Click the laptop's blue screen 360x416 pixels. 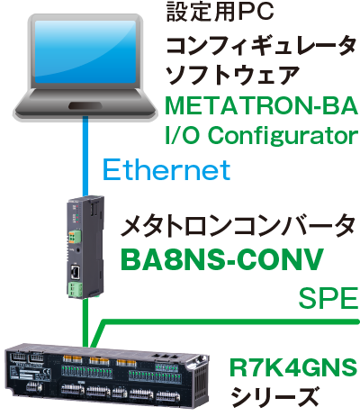[x=85, y=52]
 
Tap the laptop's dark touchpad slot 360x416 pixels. [x=85, y=105]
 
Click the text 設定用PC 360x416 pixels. [x=220, y=12]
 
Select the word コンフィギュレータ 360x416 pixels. [x=261, y=46]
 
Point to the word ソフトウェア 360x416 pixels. [x=232, y=75]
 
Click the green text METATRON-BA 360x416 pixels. [x=262, y=105]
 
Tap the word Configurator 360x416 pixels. [x=283, y=136]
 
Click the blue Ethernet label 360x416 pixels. [x=166, y=169]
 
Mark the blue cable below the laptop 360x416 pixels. [x=85, y=157]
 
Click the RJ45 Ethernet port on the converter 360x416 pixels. [x=75, y=271]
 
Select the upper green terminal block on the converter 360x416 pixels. [x=75, y=237]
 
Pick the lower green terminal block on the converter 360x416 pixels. [x=75, y=289]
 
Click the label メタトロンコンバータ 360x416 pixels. [x=238, y=226]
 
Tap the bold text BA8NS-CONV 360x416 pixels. [x=222, y=259]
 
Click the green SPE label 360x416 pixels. [x=328, y=299]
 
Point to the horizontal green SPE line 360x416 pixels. [x=230, y=321]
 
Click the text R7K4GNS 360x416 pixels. [x=293, y=367]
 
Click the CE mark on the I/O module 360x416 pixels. [x=46, y=374]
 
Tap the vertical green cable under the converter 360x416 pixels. [x=85, y=322]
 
